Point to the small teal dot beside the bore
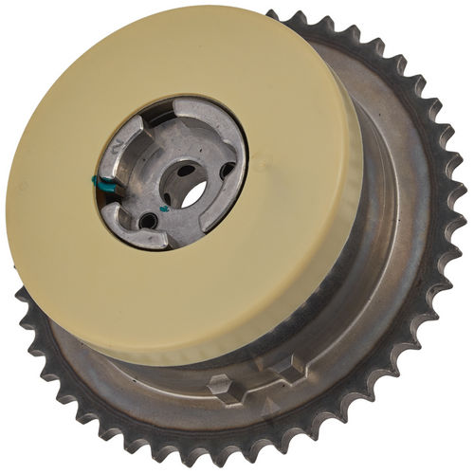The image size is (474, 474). click(164, 206)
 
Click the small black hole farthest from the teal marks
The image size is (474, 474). click(228, 171)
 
